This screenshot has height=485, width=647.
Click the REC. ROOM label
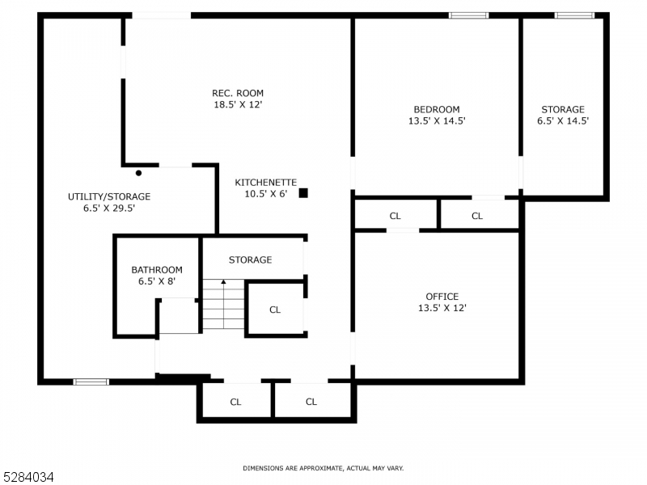pyautogui.click(x=238, y=93)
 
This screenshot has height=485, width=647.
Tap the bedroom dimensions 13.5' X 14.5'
pyautogui.click(x=436, y=121)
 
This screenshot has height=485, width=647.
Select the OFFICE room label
pyautogui.click(x=442, y=297)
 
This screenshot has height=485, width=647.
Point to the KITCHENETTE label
pyautogui.click(x=266, y=183)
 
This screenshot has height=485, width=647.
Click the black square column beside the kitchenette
pyautogui.click(x=303, y=192)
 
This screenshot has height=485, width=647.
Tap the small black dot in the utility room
pyautogui.click(x=139, y=173)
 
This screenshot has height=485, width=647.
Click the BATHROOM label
pyautogui.click(x=157, y=270)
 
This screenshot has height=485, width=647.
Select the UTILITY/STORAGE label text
pyautogui.click(x=109, y=196)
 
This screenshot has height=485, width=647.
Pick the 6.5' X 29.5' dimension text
pyautogui.click(x=109, y=208)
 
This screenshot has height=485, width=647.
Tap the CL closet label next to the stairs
pyautogui.click(x=274, y=310)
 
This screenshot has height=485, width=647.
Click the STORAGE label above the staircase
pyautogui.click(x=250, y=260)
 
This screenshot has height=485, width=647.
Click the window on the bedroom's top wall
pyautogui.click(x=469, y=15)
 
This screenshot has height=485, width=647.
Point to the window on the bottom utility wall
pyautogui.click(x=91, y=382)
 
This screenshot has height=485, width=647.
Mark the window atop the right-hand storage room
pyautogui.click(x=574, y=15)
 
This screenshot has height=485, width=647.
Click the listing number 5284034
pyautogui.click(x=28, y=478)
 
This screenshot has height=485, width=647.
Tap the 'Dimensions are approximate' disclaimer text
pyautogui.click(x=323, y=468)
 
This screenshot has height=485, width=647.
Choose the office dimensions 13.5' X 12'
pyautogui.click(x=442, y=308)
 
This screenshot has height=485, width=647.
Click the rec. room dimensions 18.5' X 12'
pyautogui.click(x=238, y=104)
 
